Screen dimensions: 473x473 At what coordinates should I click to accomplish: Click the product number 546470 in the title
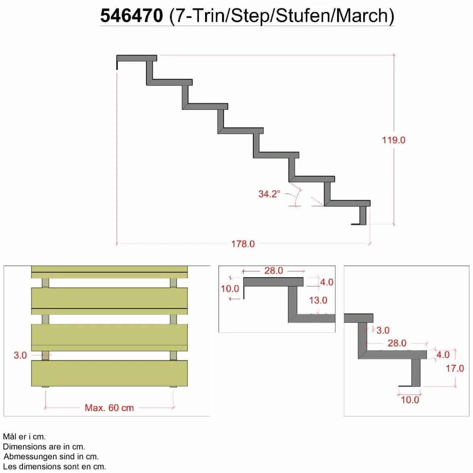pos(132,16)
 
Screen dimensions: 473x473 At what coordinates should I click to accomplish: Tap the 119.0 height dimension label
pos(394,140)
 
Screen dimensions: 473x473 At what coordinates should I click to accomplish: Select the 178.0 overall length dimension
pos(243,244)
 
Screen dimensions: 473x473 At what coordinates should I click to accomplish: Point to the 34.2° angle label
pos(269,194)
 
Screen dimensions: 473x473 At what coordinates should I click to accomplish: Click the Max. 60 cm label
pos(109,408)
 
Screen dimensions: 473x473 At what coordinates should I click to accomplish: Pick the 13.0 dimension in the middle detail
pos(318,300)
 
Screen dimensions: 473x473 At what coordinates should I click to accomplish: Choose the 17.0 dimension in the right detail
pos(455,368)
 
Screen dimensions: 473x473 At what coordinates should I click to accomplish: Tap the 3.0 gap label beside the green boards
pos(20,356)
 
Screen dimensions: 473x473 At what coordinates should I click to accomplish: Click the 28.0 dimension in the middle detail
pos(274,271)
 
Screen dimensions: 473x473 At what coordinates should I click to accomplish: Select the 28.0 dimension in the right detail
pos(397,343)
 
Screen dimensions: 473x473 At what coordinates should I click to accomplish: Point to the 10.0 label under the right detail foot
pos(410,400)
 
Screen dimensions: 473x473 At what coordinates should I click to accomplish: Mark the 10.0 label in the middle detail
pos(230,289)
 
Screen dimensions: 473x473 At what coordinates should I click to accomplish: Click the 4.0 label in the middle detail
pos(327,282)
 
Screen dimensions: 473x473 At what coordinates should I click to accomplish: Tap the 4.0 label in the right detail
pos(443,355)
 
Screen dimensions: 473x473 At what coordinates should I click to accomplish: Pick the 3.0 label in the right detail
pos(383,330)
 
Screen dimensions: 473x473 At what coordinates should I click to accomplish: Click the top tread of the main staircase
pos(137,58)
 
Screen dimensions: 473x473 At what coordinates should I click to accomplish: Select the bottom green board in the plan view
pos(109,373)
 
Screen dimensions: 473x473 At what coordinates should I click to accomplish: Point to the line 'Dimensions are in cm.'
pos(44,446)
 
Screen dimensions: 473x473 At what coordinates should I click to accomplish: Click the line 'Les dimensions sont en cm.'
pos(55,467)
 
